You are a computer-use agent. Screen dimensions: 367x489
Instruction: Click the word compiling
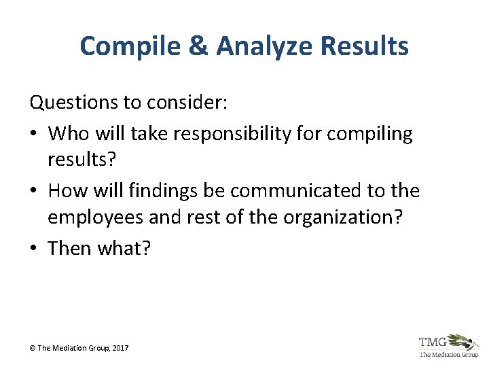click(369, 134)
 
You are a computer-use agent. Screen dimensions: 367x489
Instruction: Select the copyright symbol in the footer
click(32, 348)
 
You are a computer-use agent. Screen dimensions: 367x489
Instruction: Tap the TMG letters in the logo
click(433, 342)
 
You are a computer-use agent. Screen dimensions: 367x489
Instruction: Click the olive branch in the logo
click(465, 341)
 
